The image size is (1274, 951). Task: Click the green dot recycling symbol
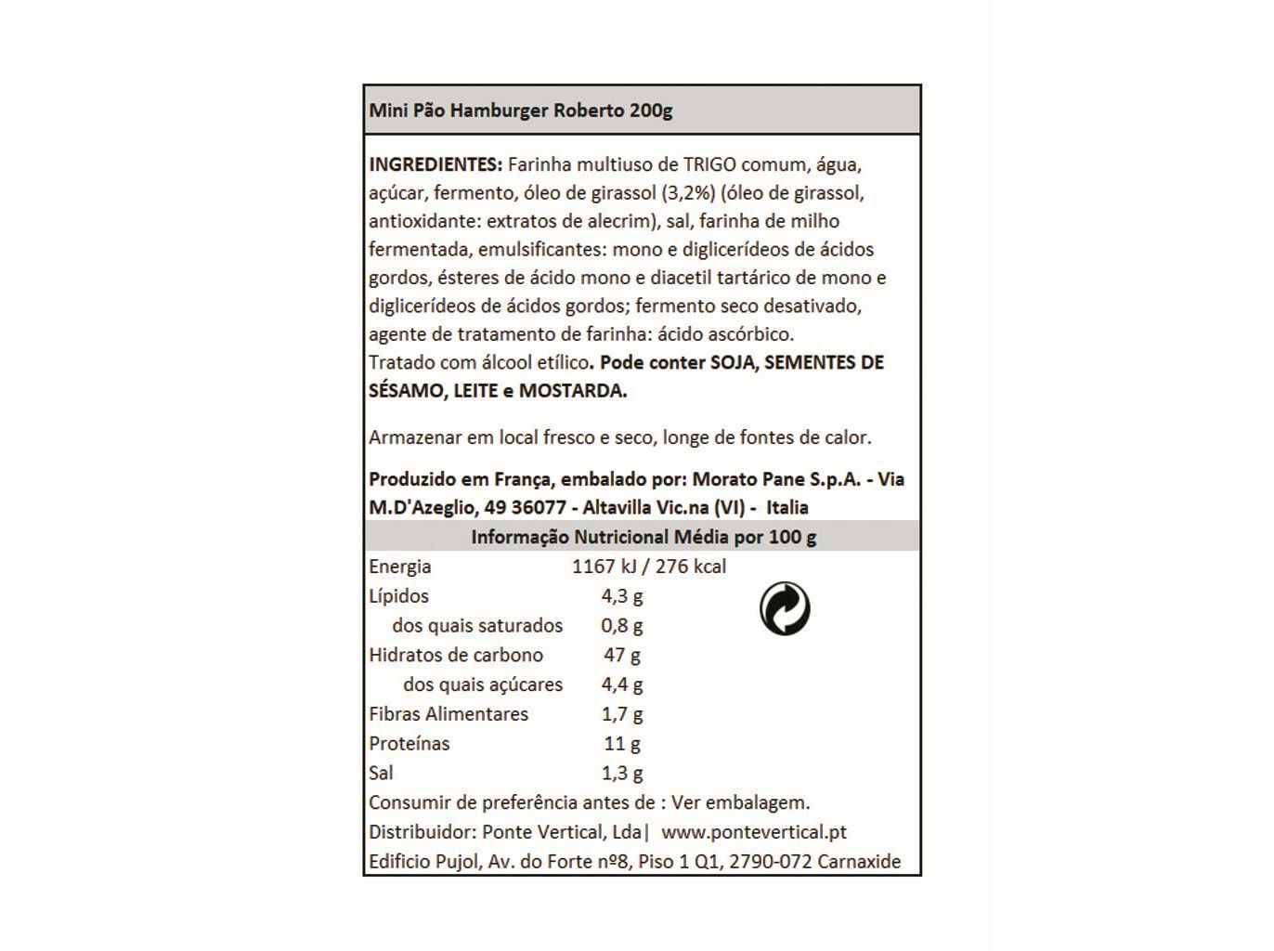click(785, 609)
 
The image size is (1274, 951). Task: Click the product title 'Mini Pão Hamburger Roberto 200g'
click(520, 111)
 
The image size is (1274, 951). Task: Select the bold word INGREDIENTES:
click(435, 164)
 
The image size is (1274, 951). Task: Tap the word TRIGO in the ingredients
click(709, 164)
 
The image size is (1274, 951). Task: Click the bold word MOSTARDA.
click(572, 391)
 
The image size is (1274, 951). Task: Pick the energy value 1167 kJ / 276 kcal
click(649, 567)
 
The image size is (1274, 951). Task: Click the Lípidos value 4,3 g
click(622, 596)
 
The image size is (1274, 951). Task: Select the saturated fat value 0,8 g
click(622, 626)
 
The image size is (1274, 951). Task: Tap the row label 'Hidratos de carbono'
click(455, 655)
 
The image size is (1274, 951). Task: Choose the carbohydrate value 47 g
click(622, 655)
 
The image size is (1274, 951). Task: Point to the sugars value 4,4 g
click(622, 684)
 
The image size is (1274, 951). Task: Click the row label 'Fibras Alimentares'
click(448, 714)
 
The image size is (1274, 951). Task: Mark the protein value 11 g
click(622, 744)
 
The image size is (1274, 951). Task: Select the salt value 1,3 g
click(622, 773)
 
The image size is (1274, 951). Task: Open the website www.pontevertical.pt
click(754, 832)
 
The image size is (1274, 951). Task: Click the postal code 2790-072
click(771, 862)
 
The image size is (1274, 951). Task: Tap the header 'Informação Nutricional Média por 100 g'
click(643, 537)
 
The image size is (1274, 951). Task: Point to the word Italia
click(787, 508)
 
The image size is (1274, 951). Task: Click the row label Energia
click(399, 567)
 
